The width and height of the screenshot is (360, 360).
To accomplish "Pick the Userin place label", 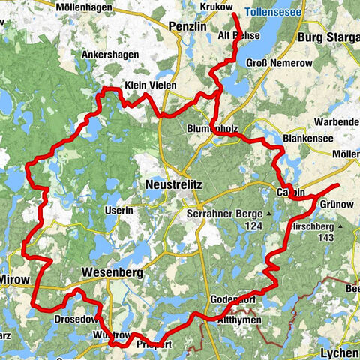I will (118, 211).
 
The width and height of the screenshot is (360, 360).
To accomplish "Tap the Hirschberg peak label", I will (313, 224).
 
